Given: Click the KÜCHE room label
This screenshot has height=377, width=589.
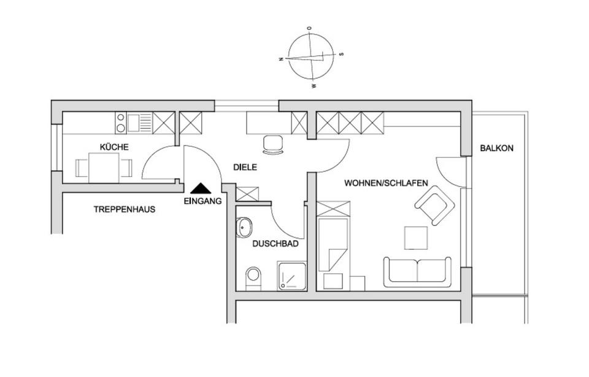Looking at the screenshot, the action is pyautogui.click(x=114, y=147).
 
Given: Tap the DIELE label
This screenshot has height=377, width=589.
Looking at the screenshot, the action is pyautogui.click(x=245, y=167).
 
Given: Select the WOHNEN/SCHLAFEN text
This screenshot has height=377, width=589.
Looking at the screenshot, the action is pyautogui.click(x=385, y=183).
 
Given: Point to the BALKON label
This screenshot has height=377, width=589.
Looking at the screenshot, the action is pyautogui.click(x=496, y=148).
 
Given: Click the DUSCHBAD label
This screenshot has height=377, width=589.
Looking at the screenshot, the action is pyautogui.click(x=275, y=244).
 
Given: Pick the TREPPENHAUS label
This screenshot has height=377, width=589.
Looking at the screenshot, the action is pyautogui.click(x=124, y=209).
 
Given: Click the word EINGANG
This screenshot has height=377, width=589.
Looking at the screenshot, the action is pyautogui.click(x=202, y=200).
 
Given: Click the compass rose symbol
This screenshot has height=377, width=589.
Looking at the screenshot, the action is pyautogui.click(x=312, y=56).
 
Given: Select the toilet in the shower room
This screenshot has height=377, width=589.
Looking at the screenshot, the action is pyautogui.click(x=253, y=278).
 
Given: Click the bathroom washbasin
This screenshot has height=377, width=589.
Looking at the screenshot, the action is pyautogui.click(x=244, y=229).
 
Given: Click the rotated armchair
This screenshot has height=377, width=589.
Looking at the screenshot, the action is pyautogui.click(x=434, y=206).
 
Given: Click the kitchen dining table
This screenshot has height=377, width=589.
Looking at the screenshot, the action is pyautogui.click(x=104, y=166).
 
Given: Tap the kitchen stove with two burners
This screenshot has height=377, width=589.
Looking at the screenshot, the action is pyautogui.click(x=121, y=123).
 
